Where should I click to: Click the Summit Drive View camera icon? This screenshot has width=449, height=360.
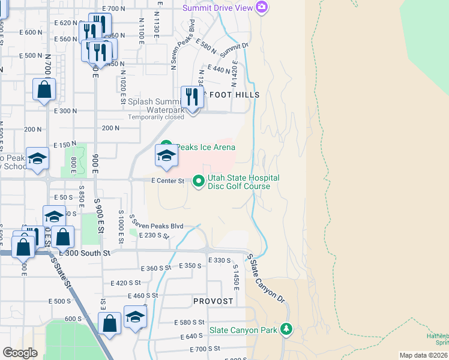(x=261, y=7)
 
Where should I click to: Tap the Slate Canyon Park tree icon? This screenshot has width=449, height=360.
(x=287, y=329)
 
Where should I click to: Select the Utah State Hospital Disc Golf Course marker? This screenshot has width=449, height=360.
(x=199, y=181)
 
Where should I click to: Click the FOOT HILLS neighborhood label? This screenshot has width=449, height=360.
(x=234, y=95)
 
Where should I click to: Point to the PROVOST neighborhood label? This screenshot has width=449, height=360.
(x=213, y=301)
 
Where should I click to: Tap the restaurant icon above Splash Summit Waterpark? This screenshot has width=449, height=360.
(x=192, y=98)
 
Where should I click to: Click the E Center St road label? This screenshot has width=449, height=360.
(x=167, y=181)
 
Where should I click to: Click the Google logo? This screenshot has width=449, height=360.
(x=20, y=353)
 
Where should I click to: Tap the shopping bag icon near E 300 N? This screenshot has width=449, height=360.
(x=44, y=90)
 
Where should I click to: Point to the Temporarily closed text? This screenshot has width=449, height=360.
(x=156, y=118)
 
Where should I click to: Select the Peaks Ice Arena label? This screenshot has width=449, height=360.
(x=204, y=147)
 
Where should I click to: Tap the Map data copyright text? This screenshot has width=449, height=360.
(x=424, y=355)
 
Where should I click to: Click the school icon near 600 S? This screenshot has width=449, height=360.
(x=135, y=318)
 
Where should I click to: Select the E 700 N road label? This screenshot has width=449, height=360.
(x=114, y=8)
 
